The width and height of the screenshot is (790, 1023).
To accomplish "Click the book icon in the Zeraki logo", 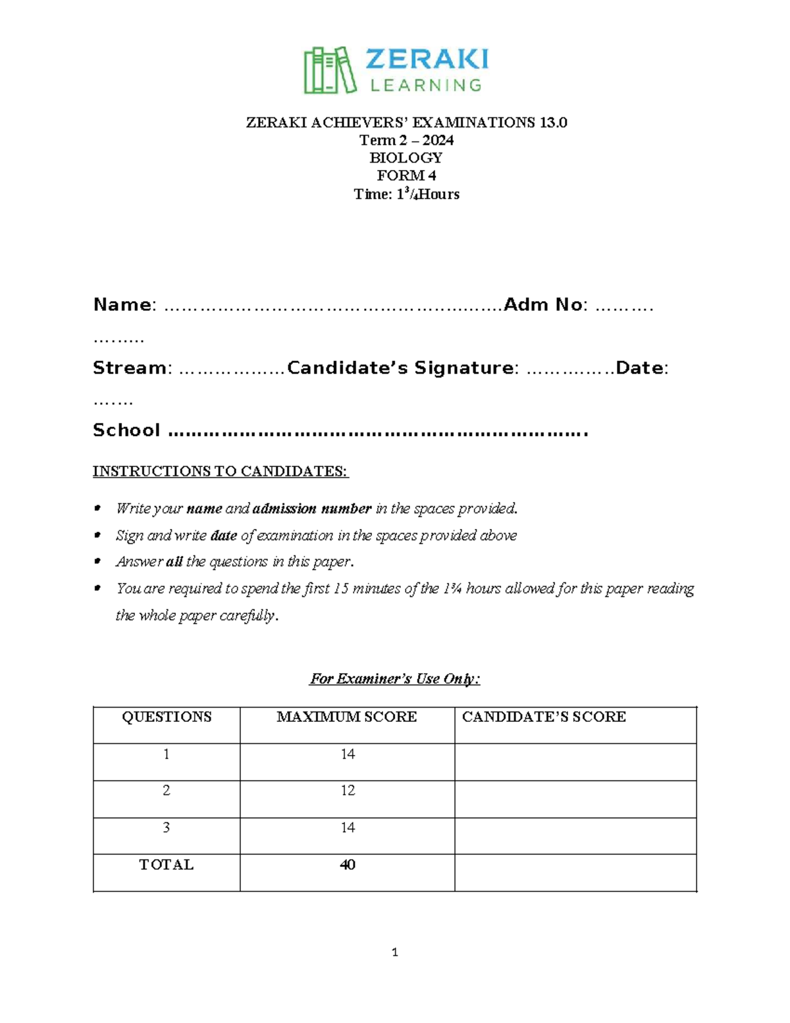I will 329,70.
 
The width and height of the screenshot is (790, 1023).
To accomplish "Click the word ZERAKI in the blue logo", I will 426,59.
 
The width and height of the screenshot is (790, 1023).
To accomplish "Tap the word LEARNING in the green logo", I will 426,85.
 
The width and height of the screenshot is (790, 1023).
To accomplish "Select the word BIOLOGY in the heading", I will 406,158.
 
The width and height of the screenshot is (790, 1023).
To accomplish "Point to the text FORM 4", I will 406,176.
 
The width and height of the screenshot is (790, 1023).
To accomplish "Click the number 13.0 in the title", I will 553,123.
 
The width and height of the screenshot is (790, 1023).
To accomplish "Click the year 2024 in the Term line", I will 438,140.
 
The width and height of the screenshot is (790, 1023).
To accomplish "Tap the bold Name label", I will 122,304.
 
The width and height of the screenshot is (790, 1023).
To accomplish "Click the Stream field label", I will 130,368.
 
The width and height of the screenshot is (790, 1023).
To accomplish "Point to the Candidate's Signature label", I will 400,368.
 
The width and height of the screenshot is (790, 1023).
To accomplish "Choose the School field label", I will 126,430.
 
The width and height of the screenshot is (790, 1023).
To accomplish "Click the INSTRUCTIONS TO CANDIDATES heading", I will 220,472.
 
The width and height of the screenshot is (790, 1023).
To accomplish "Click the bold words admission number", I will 312,509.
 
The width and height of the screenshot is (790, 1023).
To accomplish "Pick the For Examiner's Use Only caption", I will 394,678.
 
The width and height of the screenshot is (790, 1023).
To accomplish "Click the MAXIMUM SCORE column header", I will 346,717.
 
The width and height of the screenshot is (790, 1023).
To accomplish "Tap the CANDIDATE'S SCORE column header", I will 544,717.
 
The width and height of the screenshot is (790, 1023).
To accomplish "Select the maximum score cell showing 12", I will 348,790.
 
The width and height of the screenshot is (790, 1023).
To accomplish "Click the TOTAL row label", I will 166,864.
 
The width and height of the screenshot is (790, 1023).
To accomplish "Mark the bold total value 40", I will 348,864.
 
